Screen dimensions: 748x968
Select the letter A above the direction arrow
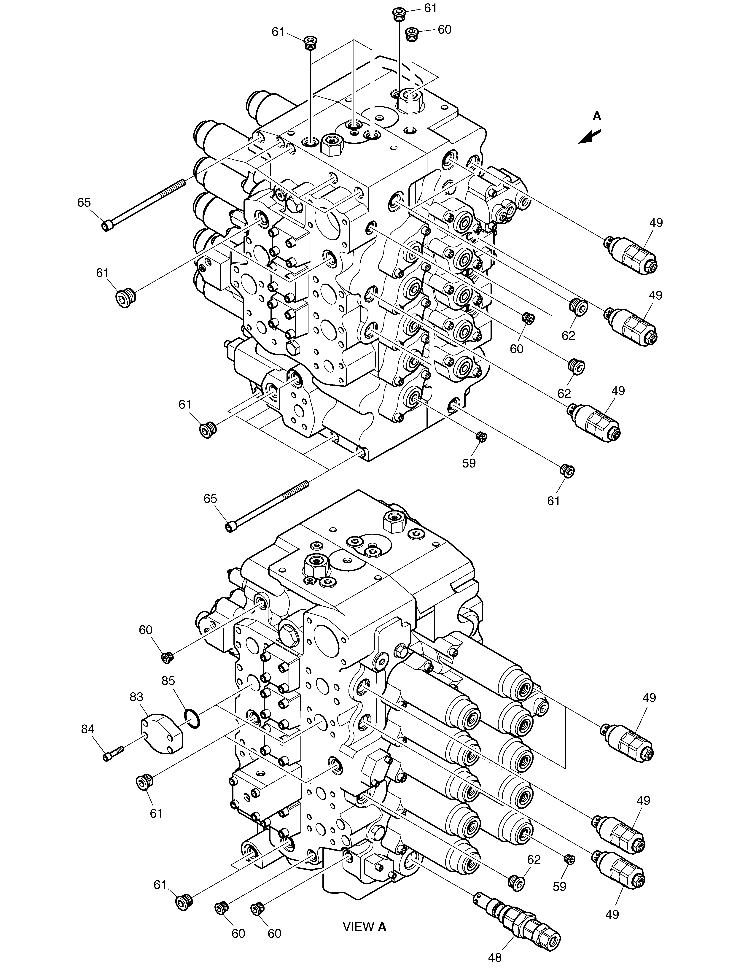[597, 116]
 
